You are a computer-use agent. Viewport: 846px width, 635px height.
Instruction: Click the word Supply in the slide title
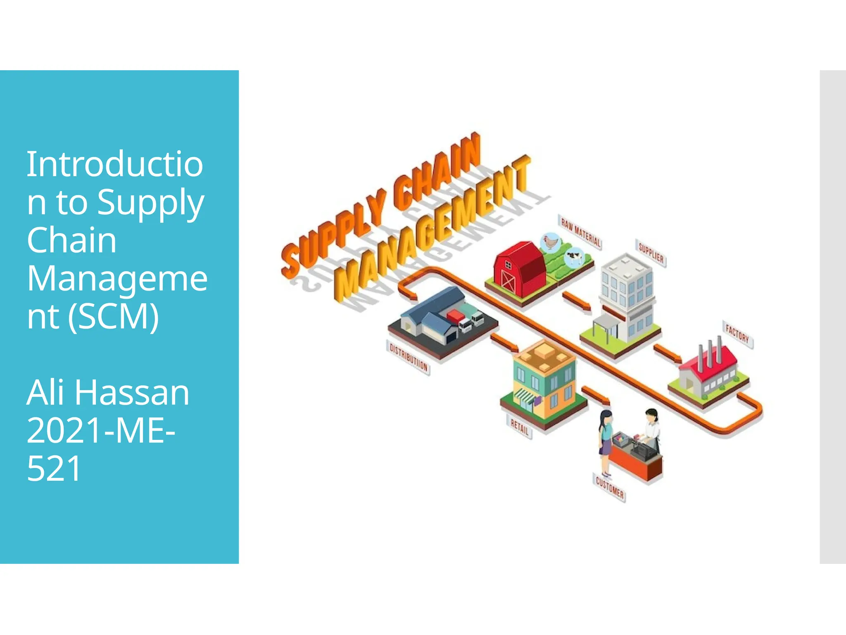pos(151,203)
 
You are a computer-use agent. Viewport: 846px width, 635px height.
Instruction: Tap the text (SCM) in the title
pos(114,317)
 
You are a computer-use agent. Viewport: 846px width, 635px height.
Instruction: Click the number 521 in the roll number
pos(54,469)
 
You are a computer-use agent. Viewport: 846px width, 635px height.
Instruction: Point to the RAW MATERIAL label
pos(580,232)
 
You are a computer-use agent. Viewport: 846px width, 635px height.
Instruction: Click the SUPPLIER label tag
pos(651,253)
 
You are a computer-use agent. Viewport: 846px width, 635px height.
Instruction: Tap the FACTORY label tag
pos(737,334)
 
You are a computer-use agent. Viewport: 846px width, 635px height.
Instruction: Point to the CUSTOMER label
pos(610,488)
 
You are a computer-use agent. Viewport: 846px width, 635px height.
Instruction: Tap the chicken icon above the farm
pos(550,241)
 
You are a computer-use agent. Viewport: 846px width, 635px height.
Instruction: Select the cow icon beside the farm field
pos(573,257)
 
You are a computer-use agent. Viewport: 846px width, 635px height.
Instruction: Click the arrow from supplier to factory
pos(666,353)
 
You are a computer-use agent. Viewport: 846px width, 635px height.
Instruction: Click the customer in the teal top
pos(605,438)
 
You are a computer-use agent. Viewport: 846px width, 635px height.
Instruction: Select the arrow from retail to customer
pos(595,395)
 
